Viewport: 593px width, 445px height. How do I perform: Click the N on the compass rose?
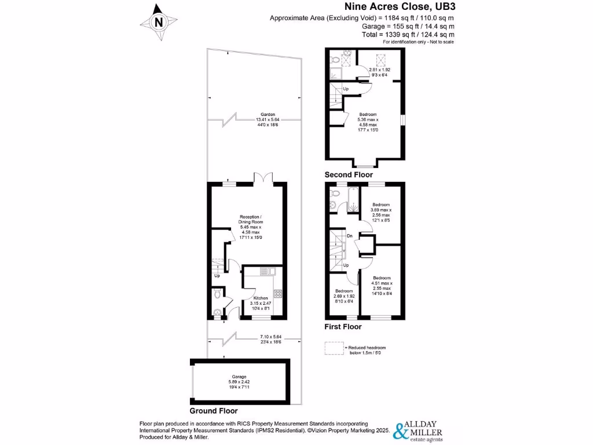pyautogui.click(x=159, y=22)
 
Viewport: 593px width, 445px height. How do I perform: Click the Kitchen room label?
pyautogui.click(x=260, y=298)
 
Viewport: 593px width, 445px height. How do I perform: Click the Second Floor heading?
pyautogui.click(x=349, y=174)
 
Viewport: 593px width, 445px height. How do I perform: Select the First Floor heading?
pyautogui.click(x=343, y=327)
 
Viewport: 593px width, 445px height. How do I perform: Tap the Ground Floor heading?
pyautogui.click(x=214, y=410)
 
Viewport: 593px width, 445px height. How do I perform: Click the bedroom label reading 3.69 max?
pyautogui.click(x=381, y=205)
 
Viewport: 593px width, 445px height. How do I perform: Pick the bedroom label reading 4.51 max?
pyautogui.click(x=382, y=278)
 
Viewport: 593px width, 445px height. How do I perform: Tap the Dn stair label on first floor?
pyautogui.click(x=349, y=236)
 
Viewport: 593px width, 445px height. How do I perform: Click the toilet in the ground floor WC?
pyautogui.click(x=217, y=294)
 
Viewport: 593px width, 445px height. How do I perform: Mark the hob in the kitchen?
pyautogui.click(x=277, y=294)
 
